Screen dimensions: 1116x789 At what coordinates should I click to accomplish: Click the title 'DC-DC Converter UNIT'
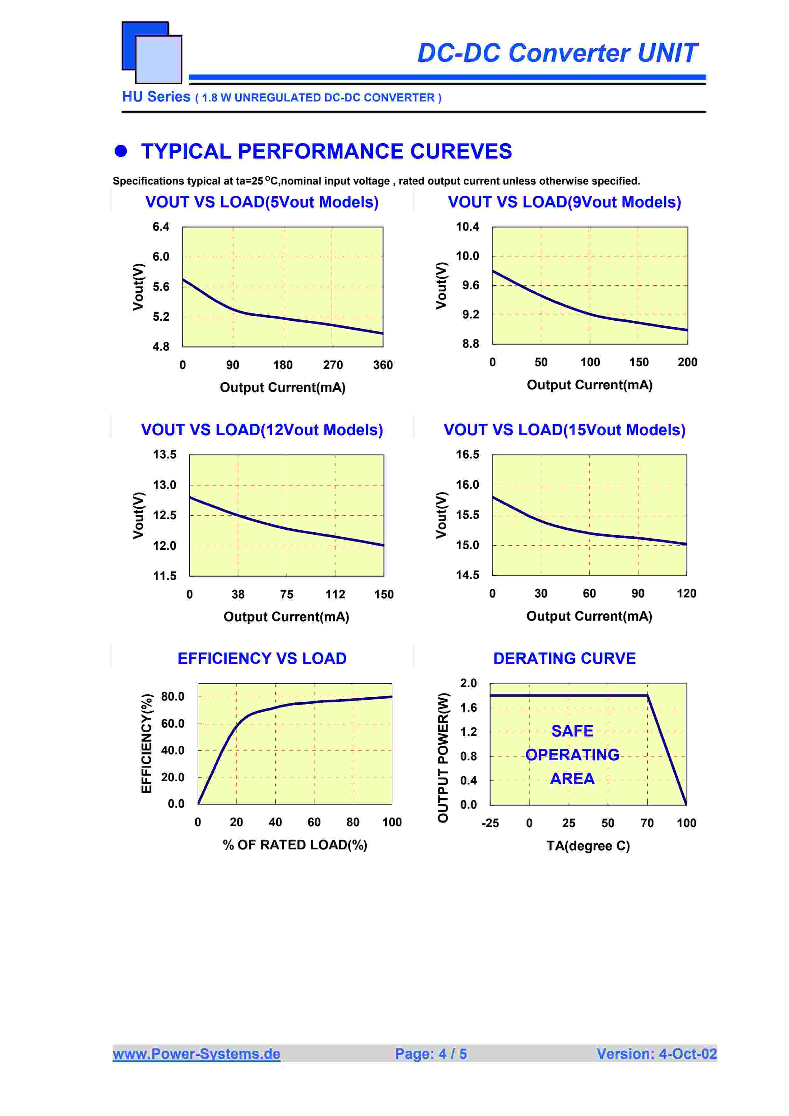[x=557, y=53]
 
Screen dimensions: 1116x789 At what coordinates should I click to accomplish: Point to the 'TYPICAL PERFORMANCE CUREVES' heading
[x=326, y=152]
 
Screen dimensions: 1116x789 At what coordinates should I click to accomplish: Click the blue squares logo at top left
[x=152, y=52]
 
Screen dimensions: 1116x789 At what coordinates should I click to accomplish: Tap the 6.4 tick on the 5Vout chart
[x=161, y=227]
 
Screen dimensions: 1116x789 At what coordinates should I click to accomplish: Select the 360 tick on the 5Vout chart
[x=383, y=365]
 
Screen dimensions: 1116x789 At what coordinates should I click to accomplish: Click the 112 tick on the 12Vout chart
[x=335, y=595]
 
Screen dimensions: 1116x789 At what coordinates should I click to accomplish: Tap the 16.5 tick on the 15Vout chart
[x=467, y=455]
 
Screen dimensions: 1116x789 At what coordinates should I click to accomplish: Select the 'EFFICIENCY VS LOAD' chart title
[x=262, y=659]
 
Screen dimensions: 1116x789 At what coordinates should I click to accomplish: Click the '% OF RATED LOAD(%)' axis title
[x=295, y=845]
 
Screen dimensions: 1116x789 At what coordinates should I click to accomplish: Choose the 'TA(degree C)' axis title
[x=588, y=846]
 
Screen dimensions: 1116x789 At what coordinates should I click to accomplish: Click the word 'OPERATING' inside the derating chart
[x=572, y=755]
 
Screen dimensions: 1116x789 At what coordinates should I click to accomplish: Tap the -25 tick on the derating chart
[x=490, y=823]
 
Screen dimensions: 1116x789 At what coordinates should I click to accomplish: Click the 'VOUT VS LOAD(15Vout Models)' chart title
[x=564, y=430]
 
